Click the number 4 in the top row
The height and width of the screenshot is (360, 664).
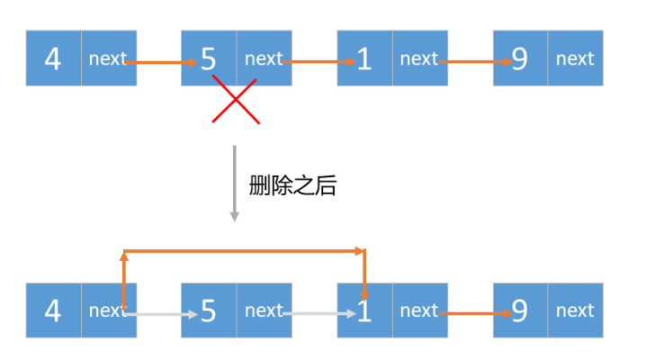(53, 58)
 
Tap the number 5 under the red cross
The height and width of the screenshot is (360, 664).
(209, 59)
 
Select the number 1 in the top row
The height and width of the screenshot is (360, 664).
(364, 59)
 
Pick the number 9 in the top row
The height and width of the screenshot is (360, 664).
(520, 59)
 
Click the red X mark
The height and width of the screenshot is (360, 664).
(236, 99)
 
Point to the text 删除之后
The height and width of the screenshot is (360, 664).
(292, 186)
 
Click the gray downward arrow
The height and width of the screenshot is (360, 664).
(234, 183)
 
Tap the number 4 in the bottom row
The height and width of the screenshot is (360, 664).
(53, 310)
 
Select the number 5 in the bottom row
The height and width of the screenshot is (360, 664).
(209, 311)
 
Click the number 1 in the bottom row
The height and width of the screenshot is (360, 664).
(364, 311)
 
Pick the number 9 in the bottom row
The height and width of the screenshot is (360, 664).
(520, 311)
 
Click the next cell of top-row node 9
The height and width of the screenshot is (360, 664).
(575, 58)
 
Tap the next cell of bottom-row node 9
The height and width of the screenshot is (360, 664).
(575, 310)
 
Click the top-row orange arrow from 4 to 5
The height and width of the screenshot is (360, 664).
(162, 63)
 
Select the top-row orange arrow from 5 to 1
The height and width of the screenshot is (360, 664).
(319, 63)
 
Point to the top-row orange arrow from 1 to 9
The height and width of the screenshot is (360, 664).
(474, 63)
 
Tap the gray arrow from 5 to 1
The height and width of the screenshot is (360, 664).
(320, 315)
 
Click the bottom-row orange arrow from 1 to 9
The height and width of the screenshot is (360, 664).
(474, 315)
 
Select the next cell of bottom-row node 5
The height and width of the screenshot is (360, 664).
(264, 310)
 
